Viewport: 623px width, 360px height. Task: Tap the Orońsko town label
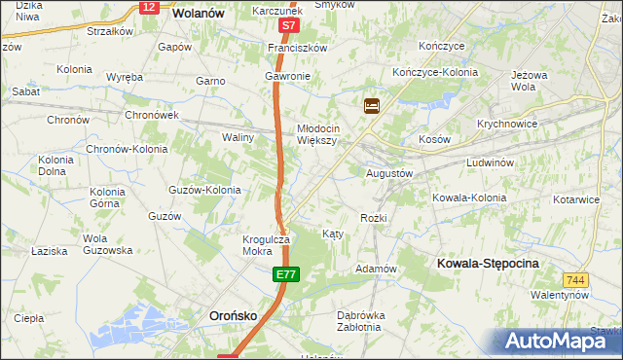point(235,315)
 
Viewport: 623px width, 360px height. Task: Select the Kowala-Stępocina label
point(488,264)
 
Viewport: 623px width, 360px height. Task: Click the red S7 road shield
point(287,27)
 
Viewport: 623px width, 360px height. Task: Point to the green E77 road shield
point(284,276)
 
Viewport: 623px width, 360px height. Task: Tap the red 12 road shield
point(148,7)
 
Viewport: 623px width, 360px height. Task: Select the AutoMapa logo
point(552,341)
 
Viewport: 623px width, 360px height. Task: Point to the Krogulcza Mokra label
point(266,244)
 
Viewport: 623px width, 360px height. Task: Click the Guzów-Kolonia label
point(204,190)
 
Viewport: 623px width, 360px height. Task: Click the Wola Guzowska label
point(107,244)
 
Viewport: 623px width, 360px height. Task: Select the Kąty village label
point(332,234)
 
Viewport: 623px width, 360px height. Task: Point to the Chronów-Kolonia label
point(127,149)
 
